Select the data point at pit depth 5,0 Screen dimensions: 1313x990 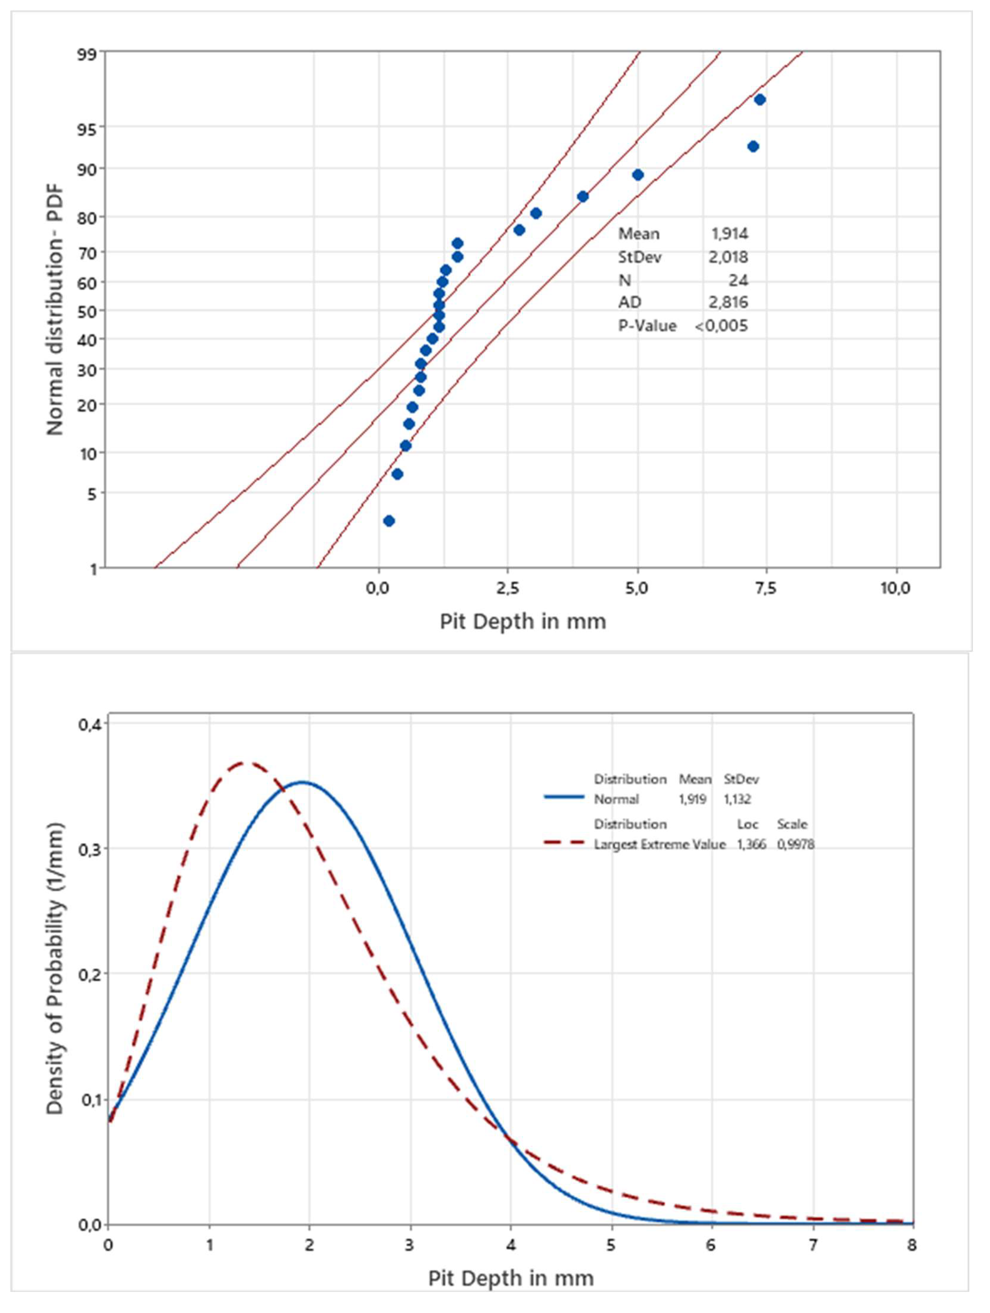pos(638,175)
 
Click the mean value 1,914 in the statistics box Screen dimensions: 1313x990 pos(730,234)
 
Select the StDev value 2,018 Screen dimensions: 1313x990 pos(730,257)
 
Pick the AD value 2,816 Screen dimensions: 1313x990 pos(730,302)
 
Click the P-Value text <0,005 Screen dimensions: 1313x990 pos(721,325)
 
